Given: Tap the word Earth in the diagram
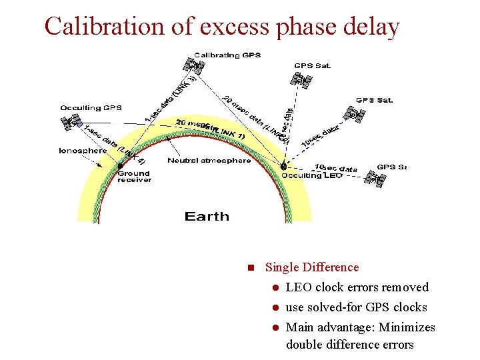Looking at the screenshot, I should tap(207, 217).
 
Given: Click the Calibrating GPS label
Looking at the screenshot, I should tap(227, 55).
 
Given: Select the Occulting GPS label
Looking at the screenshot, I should tap(91, 107).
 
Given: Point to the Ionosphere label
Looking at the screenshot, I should tap(83, 151).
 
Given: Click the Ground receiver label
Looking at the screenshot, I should tap(134, 176).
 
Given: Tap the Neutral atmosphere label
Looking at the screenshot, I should tap(209, 161).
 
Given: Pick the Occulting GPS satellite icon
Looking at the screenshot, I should tap(70, 122).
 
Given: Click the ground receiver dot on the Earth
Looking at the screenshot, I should tap(120, 166).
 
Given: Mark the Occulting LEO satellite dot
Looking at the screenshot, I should tap(283, 166).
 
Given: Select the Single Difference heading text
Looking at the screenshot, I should tap(311, 267).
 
